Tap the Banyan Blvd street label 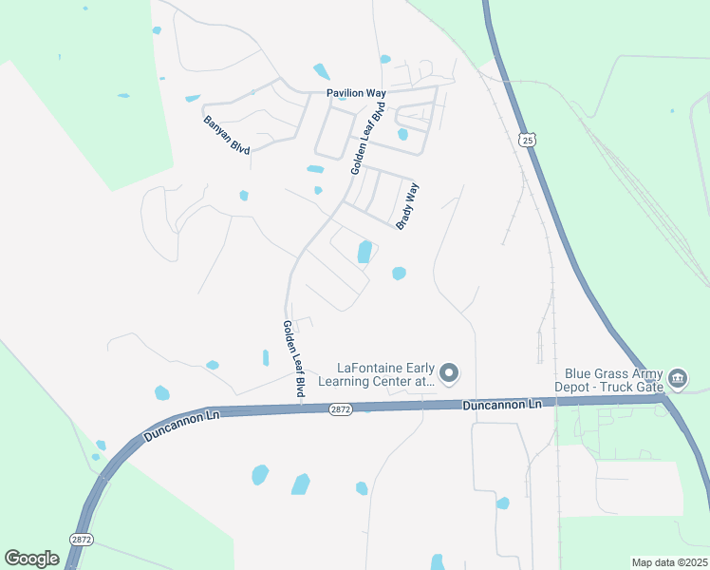(x=227, y=136)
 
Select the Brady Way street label (x=407, y=206)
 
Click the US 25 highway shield (x=528, y=140)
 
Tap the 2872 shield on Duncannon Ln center (x=342, y=408)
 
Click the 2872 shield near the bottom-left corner (x=81, y=539)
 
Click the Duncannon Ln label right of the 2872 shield (x=502, y=406)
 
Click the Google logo (x=31, y=558)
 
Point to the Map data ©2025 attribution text (x=669, y=562)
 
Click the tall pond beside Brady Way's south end (x=364, y=252)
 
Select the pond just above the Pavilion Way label (x=322, y=71)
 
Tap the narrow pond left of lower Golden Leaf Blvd (x=266, y=358)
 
